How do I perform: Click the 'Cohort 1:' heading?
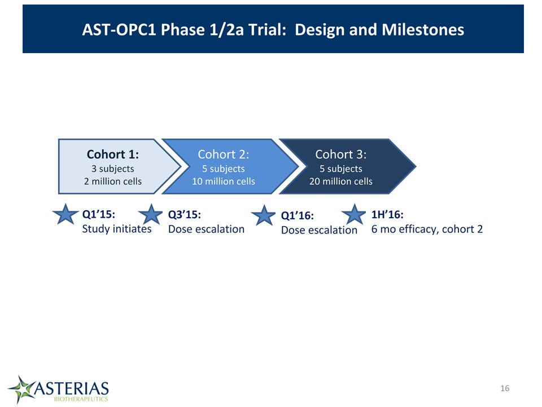coord(113,154)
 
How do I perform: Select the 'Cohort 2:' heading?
coord(224,154)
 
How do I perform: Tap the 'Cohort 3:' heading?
coord(341,154)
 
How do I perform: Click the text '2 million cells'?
coord(113,181)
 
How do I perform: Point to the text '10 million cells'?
coord(224,181)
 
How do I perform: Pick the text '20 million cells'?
coord(341,181)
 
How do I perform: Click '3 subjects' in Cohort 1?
coord(113,169)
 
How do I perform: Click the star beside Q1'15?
coord(65,215)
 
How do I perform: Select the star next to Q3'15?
coord(151,215)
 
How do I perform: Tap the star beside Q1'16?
coord(264,215)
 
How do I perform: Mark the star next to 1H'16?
coord(353,215)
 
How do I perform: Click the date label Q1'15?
coord(98,215)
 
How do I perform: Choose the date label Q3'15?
coord(184,215)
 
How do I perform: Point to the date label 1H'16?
coord(387,215)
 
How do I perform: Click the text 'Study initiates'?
coord(117,229)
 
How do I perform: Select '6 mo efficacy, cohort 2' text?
coord(427,229)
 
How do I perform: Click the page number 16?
coord(505,388)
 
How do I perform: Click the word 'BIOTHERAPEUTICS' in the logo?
coord(81,399)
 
